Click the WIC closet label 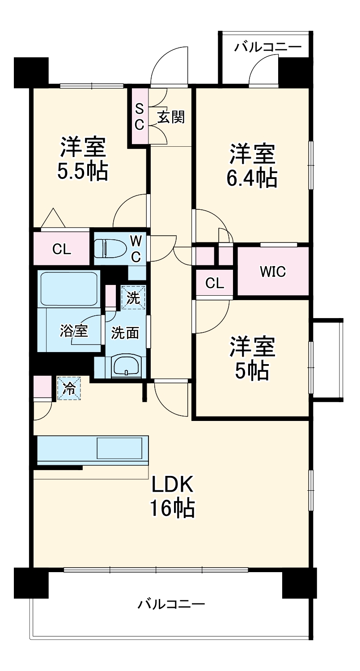click(273, 272)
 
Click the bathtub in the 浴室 click(68, 289)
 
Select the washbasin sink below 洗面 click(127, 366)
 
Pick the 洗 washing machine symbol click(133, 297)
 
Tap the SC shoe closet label click(140, 116)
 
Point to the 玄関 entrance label click(170, 118)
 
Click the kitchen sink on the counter click(120, 448)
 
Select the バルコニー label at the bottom click(171, 605)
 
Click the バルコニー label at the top click(268, 47)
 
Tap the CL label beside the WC click(62, 250)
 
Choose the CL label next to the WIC click(215, 283)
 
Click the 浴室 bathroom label click(74, 331)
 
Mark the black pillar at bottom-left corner click(31, 583)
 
